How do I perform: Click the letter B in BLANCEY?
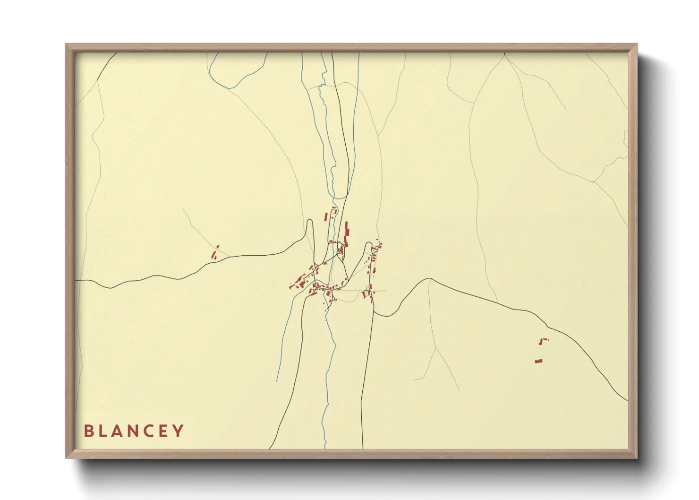click(88, 431)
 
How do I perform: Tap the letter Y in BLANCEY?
click(178, 431)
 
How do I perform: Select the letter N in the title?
click(134, 431)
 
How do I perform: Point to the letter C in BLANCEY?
click(149, 431)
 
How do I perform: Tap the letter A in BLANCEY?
click(118, 431)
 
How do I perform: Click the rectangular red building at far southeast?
click(538, 361)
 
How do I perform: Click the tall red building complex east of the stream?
click(347, 234)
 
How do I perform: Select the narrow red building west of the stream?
click(325, 216)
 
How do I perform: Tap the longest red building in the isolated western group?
click(213, 255)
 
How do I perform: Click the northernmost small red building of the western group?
click(218, 246)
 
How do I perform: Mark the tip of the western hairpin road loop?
click(310, 220)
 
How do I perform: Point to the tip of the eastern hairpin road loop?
click(368, 244)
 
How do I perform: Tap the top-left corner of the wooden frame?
click(66, 44)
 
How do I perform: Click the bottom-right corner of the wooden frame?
click(637, 458)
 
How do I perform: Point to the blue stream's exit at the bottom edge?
click(325, 448)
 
